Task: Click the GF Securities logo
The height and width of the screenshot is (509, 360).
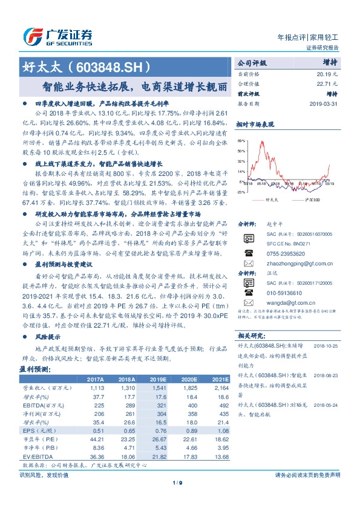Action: click(57, 36)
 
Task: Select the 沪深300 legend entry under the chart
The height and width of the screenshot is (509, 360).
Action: click(315, 198)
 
